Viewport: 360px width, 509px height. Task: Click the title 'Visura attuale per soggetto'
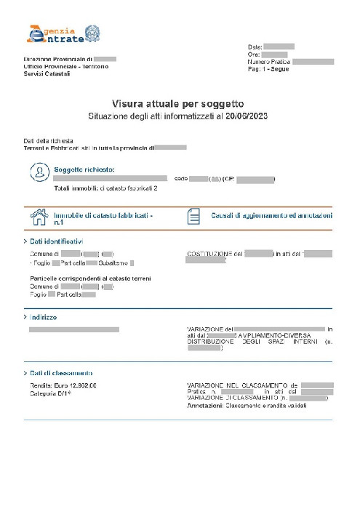(177, 104)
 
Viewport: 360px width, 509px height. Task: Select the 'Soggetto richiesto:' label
(84, 169)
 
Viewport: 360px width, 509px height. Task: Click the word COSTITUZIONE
(209, 254)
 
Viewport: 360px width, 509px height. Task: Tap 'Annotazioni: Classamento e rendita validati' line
(247, 406)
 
